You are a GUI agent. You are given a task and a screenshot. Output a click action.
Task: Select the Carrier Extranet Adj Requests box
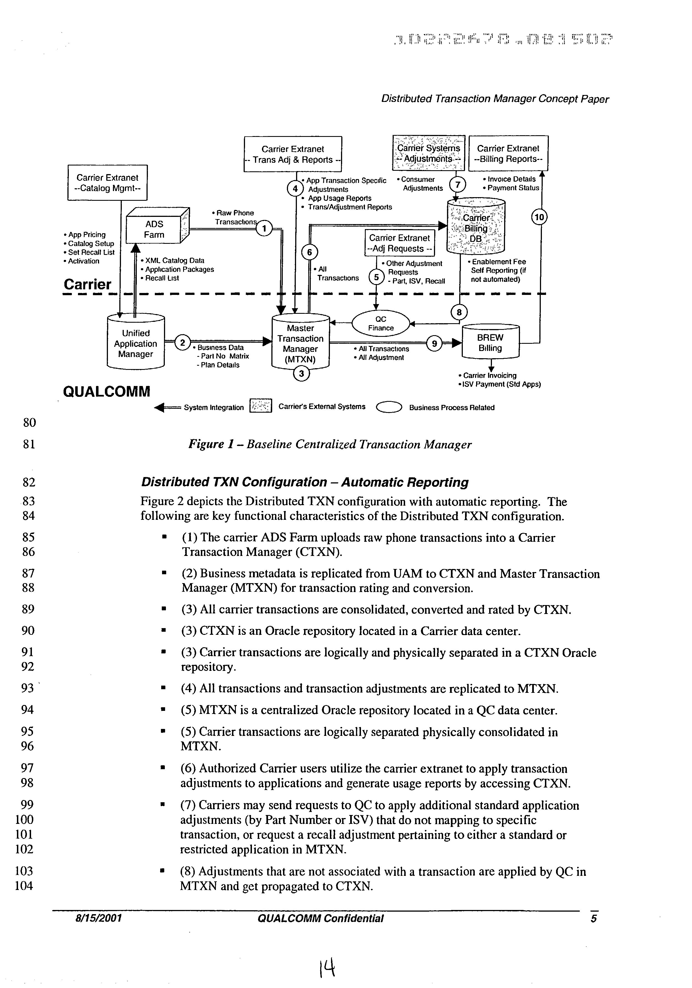[400, 243]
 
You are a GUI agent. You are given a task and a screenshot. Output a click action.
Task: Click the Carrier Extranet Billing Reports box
[508, 154]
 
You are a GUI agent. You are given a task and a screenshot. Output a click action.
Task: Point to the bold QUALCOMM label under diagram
[107, 392]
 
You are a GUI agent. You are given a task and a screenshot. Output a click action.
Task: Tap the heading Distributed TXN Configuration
[304, 482]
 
